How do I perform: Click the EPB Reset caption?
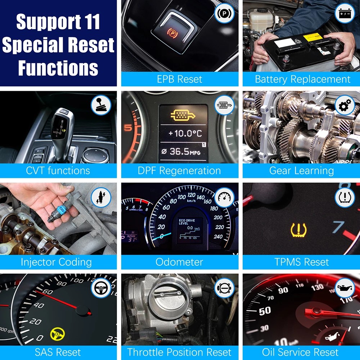(x=179, y=79)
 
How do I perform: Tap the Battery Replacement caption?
(x=302, y=79)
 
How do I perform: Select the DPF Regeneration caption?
(x=179, y=170)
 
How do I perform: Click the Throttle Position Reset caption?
(x=179, y=352)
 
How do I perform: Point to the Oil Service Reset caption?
(x=300, y=352)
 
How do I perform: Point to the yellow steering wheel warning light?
(x=57, y=334)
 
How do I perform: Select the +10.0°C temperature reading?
(x=185, y=134)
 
